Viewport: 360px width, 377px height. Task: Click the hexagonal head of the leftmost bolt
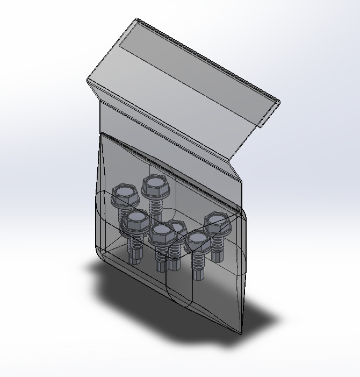tap(125, 193)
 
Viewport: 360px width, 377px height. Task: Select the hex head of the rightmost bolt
tap(217, 220)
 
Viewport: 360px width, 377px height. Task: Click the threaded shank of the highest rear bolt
tap(156, 206)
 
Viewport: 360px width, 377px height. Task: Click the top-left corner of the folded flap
tap(136, 20)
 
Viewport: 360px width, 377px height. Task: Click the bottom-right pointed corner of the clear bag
tap(239, 332)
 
